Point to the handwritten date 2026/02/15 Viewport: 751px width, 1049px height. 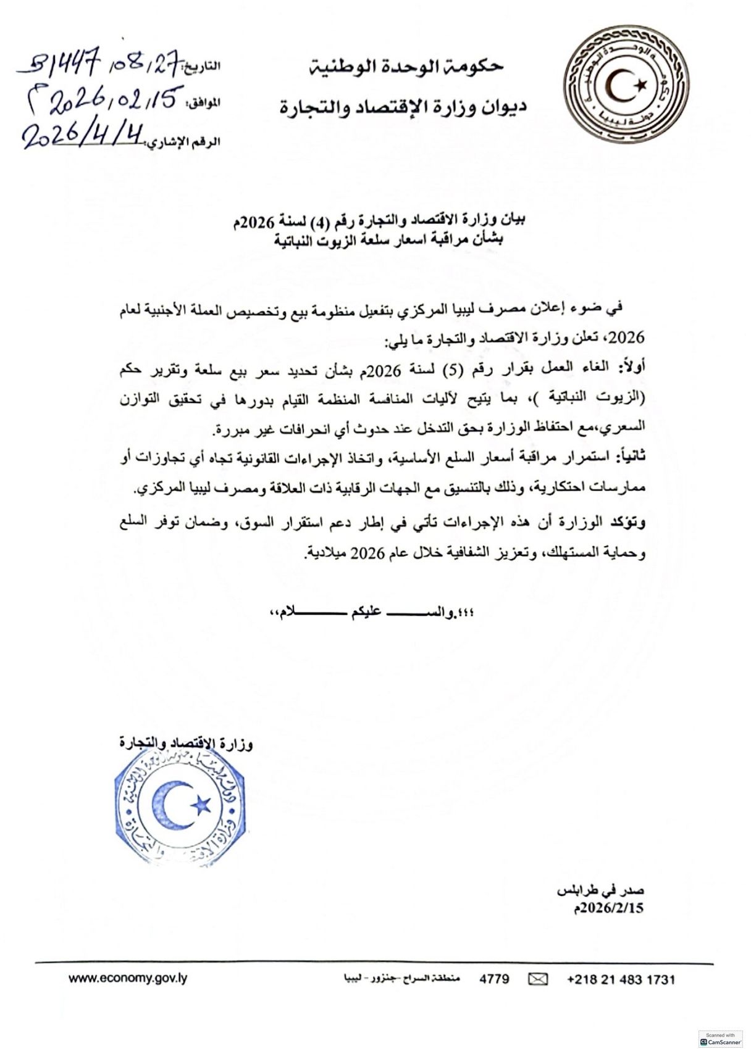coord(101,100)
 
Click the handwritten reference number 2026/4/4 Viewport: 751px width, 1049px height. coord(83,135)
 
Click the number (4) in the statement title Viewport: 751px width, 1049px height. coord(313,220)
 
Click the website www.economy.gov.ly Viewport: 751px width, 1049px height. coord(128,978)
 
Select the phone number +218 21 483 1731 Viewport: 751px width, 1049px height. coord(621,979)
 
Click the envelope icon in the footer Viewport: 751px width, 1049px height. coord(538,979)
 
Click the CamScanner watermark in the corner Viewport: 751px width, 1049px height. coord(720,1039)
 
